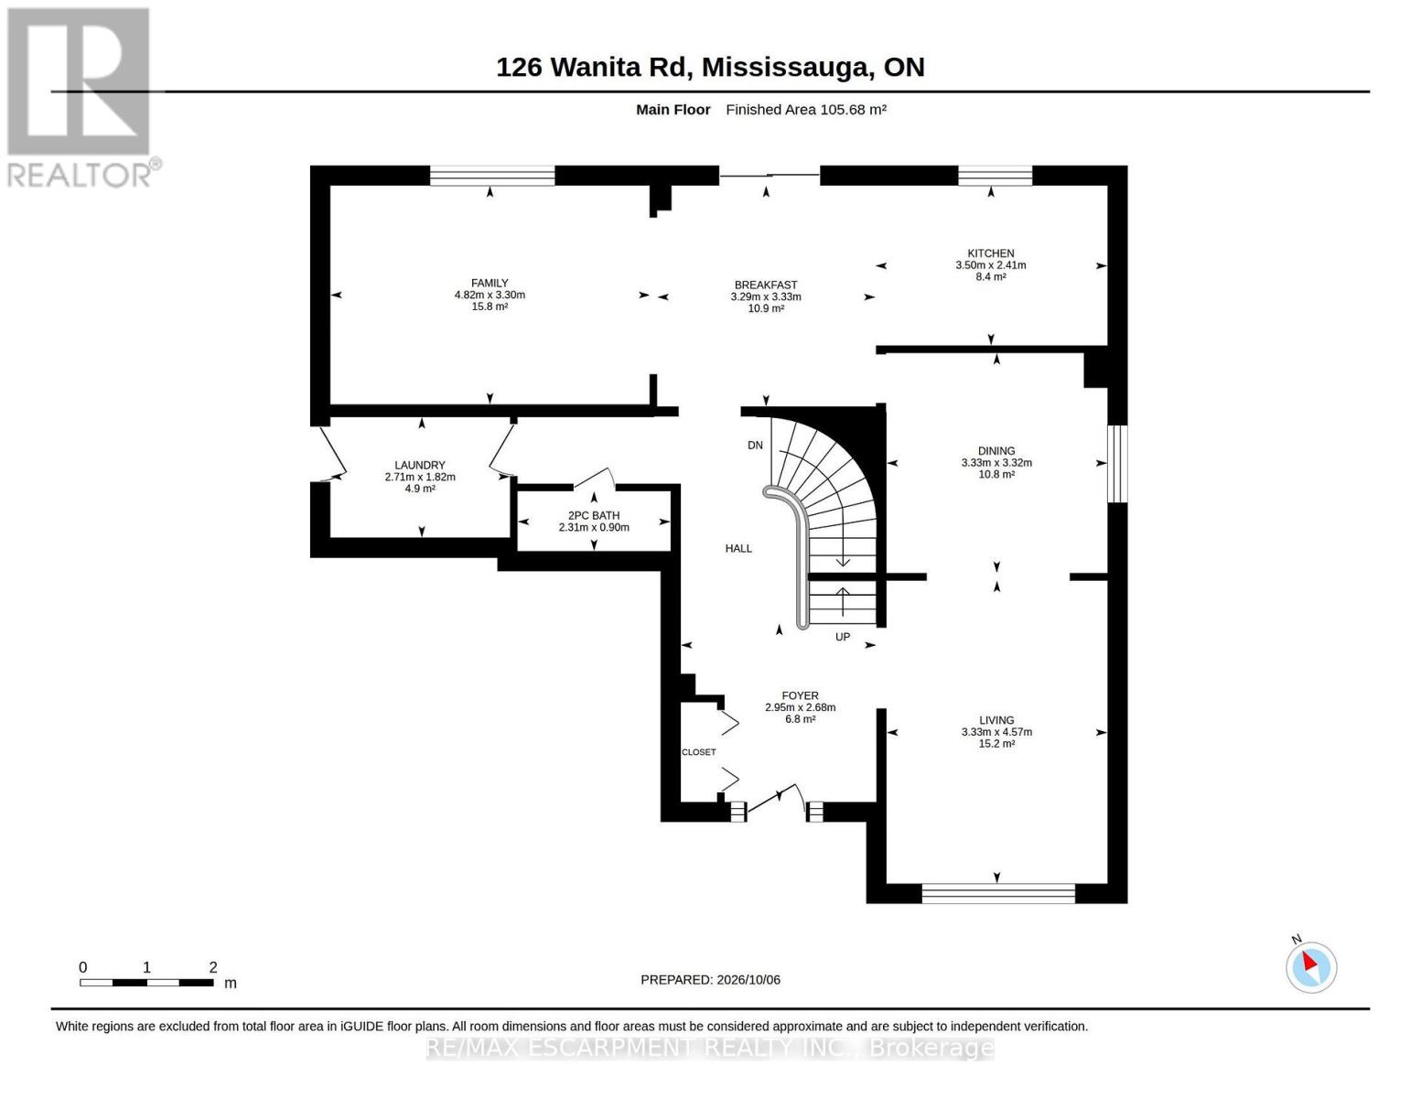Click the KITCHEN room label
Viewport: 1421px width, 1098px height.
[991, 253]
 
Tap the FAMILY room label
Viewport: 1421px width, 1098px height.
[490, 283]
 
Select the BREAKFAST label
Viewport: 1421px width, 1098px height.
[766, 285]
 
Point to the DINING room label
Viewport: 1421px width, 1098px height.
[996, 450]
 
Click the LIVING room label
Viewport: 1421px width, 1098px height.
[996, 720]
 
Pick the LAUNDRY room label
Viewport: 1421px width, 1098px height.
[420, 466]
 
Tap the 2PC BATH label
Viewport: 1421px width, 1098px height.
[594, 515]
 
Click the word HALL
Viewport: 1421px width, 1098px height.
[738, 549]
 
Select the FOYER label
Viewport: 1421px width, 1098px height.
[800, 695]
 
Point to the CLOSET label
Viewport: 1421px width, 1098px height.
[698, 752]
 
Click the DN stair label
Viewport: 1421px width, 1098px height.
[755, 446]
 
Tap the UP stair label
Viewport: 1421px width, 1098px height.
[843, 637]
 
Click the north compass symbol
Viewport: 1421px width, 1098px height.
[1310, 966]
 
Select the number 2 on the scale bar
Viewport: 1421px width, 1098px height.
[212, 967]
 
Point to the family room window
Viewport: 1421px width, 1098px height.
[492, 176]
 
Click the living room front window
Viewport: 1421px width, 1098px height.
[998, 893]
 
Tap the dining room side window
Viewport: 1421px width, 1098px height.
[1117, 464]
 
